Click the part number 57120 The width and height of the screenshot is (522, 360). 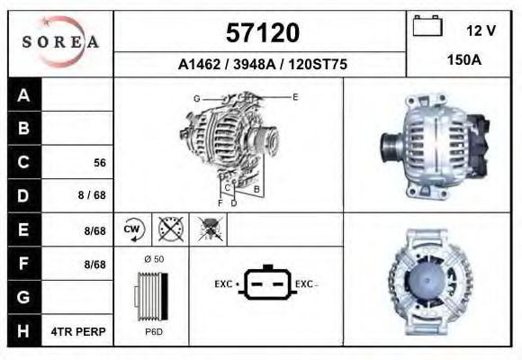tap(261, 33)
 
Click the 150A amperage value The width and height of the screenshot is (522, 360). tap(464, 61)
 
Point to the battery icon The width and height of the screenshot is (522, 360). tap(426, 27)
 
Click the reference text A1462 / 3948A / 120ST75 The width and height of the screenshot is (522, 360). tap(263, 66)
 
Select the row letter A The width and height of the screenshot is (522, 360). tap(24, 95)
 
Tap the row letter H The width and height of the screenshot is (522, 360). tap(24, 331)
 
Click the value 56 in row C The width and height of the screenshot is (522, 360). tap(100, 164)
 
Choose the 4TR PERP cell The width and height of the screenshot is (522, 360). tap(78, 331)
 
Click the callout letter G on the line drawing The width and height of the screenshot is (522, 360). tap(196, 97)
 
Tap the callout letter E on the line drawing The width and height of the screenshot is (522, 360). tap(295, 95)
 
